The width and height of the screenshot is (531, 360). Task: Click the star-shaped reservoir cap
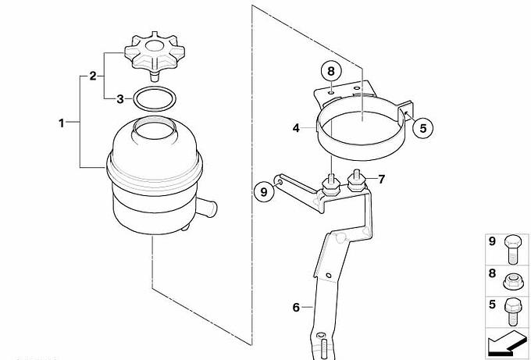(155, 54)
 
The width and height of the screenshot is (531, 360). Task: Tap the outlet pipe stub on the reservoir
(207, 207)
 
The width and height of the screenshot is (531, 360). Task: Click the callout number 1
(61, 123)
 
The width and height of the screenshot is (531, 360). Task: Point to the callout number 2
(93, 76)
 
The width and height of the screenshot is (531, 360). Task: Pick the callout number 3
(120, 99)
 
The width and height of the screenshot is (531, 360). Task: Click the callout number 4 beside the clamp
(296, 128)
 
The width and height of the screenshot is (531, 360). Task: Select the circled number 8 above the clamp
(331, 71)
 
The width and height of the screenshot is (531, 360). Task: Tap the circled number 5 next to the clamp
(423, 128)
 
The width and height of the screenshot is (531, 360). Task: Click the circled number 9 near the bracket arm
(264, 192)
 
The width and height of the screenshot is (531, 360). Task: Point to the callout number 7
(382, 179)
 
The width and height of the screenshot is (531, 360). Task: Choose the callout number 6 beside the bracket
(296, 307)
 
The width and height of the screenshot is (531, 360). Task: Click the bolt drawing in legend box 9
(513, 250)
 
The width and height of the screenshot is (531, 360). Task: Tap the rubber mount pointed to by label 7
(358, 182)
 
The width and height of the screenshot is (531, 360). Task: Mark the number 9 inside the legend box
(493, 242)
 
